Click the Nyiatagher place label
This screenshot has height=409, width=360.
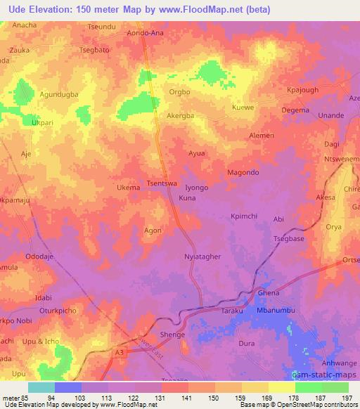tap(202, 257)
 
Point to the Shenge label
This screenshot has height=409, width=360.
tap(172, 335)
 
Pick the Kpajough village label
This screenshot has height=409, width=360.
tap(304, 91)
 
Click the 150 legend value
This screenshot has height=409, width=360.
tap(228, 398)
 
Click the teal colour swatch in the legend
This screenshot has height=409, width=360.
tap(41, 387)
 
